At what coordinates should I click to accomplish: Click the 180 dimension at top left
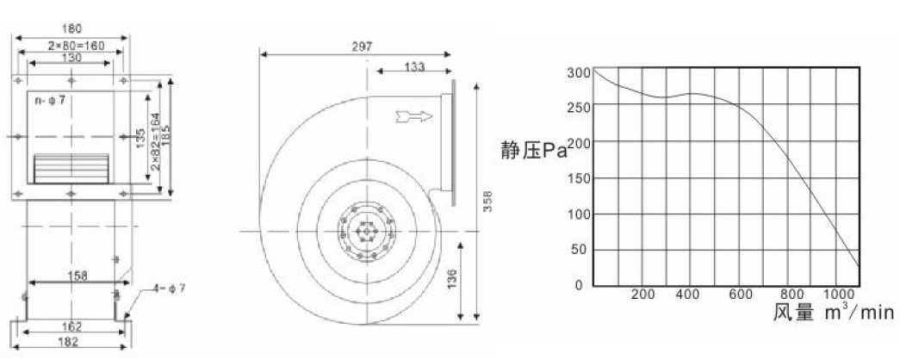click(71, 28)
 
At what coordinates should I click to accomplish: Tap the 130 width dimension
click(71, 58)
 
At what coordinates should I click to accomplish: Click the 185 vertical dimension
click(166, 135)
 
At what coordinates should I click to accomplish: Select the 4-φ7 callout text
click(170, 289)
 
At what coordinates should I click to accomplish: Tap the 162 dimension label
click(71, 326)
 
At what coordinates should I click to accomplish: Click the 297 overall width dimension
click(362, 47)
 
